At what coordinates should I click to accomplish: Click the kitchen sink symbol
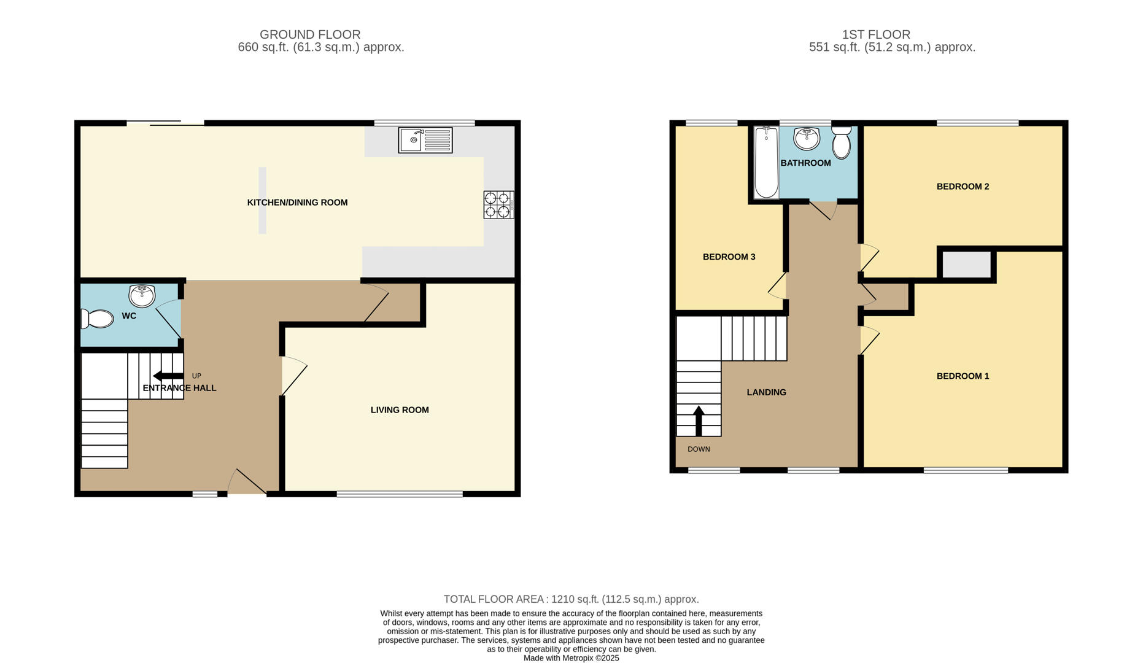(x=425, y=140)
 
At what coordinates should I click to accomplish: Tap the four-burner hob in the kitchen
(x=498, y=204)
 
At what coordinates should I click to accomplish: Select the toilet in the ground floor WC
(x=98, y=319)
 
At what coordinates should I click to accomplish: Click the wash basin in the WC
(x=142, y=296)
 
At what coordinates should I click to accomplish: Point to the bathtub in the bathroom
(x=765, y=163)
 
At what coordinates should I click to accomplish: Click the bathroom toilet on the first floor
(x=842, y=143)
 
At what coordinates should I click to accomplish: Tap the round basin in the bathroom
(x=806, y=138)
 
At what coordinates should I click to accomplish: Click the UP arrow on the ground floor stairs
(x=168, y=376)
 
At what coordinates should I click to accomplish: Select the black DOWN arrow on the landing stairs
(x=699, y=421)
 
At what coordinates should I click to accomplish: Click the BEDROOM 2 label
(x=963, y=187)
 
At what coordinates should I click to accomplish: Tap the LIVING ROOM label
(x=400, y=410)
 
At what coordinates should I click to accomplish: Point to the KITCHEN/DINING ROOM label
(x=297, y=203)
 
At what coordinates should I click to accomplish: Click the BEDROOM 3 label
(x=729, y=257)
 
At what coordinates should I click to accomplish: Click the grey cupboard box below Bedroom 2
(x=966, y=265)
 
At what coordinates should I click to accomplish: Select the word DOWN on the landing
(x=699, y=449)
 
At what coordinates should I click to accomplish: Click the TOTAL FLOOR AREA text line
(x=571, y=599)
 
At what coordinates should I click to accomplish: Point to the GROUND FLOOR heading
(x=310, y=35)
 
